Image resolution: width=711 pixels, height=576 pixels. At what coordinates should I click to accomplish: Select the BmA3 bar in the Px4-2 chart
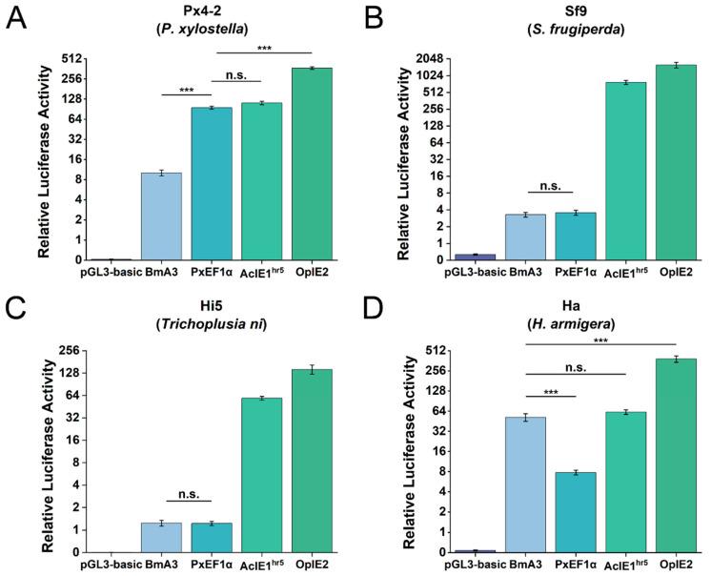[161, 216]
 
